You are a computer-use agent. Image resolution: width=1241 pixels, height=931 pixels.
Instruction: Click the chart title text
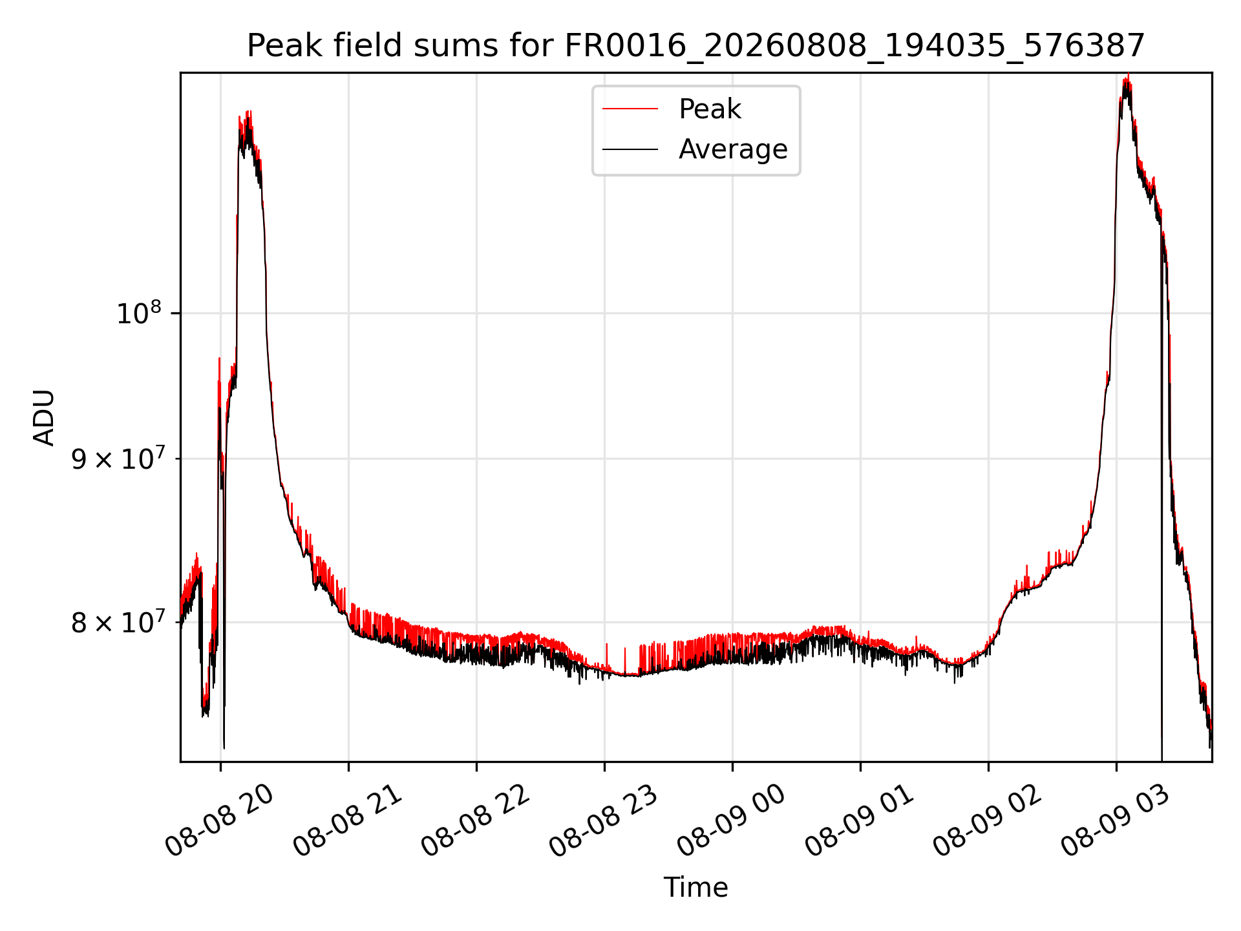[x=695, y=46]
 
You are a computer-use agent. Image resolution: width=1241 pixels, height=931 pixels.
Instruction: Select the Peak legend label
[x=710, y=109]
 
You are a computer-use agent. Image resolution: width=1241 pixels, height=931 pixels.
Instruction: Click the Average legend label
[x=733, y=149]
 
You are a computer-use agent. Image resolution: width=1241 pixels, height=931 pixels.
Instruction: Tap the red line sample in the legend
[x=630, y=109]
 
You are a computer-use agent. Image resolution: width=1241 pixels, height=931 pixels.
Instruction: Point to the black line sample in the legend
[x=630, y=149]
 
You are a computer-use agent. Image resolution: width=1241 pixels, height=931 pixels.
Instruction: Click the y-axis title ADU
[x=44, y=418]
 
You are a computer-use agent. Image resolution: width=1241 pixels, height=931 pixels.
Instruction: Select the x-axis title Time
[x=695, y=888]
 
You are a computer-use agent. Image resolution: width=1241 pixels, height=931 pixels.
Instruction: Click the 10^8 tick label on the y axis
[x=139, y=313]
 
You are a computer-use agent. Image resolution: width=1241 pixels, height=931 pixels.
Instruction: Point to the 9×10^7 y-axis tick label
[x=116, y=458]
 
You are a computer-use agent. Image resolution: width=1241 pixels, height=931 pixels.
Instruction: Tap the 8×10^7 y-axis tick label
[x=116, y=623]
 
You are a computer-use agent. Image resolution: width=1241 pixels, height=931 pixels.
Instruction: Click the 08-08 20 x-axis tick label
[x=220, y=821]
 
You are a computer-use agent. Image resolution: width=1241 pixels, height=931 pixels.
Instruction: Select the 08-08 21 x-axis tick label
[x=348, y=821]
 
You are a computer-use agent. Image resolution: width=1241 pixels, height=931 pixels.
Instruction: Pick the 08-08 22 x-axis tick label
[x=476, y=821]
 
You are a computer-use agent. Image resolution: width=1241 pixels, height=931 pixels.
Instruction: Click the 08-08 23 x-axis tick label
[x=604, y=821]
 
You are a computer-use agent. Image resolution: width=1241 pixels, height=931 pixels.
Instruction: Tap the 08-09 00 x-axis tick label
[x=732, y=821]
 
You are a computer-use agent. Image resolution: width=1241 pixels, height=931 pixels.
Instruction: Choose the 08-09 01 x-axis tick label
[x=860, y=821]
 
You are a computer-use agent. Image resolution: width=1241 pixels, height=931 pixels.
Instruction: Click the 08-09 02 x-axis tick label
[x=988, y=821]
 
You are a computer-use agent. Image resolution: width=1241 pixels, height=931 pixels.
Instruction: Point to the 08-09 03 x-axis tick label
[x=1116, y=821]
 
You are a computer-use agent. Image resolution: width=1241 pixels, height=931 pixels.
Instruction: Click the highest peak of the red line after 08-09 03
[x=1127, y=76]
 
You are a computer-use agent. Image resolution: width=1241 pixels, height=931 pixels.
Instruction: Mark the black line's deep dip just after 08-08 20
[x=224, y=747]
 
